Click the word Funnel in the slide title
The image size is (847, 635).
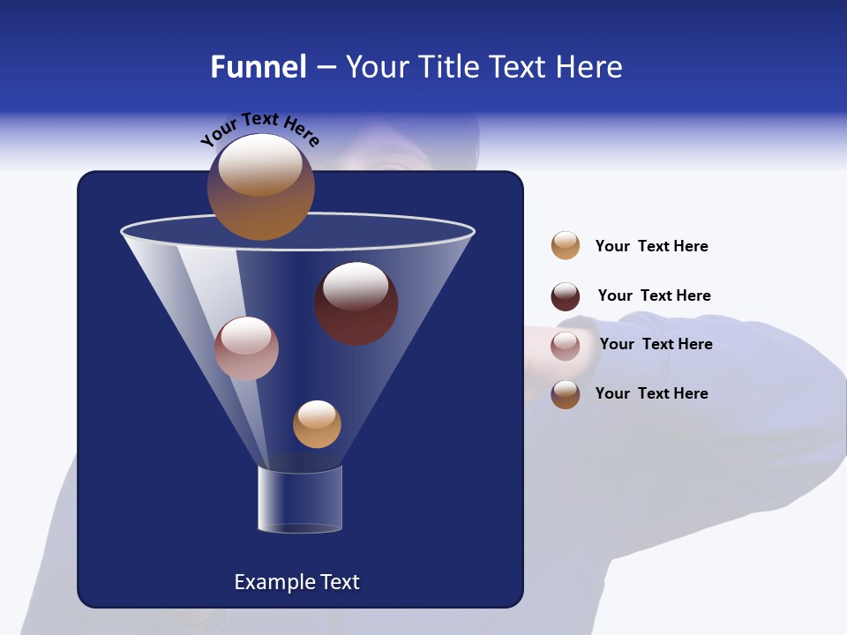click(258, 67)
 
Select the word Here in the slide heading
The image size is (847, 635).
click(588, 67)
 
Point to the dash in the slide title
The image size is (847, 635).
click(326, 68)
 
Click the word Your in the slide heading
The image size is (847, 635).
click(378, 67)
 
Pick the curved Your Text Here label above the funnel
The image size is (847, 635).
click(260, 129)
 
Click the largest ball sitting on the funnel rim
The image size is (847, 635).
click(260, 187)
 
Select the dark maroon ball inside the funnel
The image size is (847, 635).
click(356, 303)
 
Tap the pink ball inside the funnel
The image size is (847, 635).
click(246, 348)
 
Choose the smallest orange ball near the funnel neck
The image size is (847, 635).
click(317, 424)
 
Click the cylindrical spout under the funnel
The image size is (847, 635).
click(300, 499)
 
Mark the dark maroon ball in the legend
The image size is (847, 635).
click(566, 296)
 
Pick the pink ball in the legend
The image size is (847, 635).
click(566, 346)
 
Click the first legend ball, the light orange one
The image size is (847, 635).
click(566, 245)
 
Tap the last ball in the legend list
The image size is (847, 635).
click(566, 394)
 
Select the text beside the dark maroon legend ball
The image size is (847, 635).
click(654, 295)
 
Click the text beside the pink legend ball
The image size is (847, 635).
click(656, 344)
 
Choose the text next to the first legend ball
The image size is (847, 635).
click(651, 246)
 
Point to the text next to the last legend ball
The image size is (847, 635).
click(651, 393)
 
